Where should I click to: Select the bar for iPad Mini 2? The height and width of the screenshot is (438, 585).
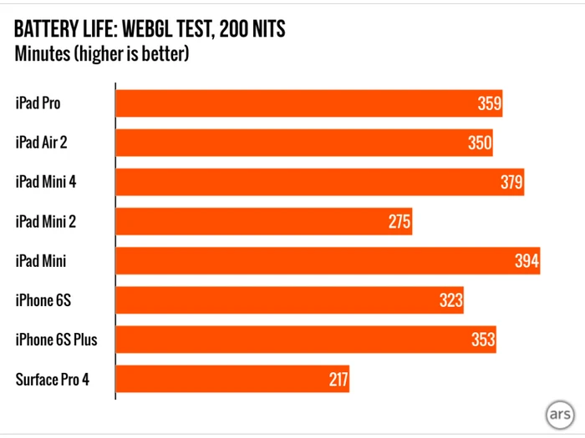click(263, 221)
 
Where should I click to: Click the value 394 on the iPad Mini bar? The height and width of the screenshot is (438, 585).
click(526, 261)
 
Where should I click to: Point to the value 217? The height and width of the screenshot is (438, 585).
click(338, 380)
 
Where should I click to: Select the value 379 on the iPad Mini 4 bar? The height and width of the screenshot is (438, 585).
click(511, 182)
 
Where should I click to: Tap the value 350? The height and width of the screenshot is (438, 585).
click(480, 143)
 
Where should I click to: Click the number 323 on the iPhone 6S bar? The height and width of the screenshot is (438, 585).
click(450, 300)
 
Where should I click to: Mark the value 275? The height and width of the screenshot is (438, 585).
click(399, 221)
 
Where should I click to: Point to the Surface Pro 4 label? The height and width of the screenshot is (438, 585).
click(52, 380)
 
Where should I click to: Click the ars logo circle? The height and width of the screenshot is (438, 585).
click(559, 415)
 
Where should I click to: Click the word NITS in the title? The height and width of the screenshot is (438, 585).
click(262, 30)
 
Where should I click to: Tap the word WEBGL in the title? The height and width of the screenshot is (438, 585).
click(151, 30)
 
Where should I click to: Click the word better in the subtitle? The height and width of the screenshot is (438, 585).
click(165, 55)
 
